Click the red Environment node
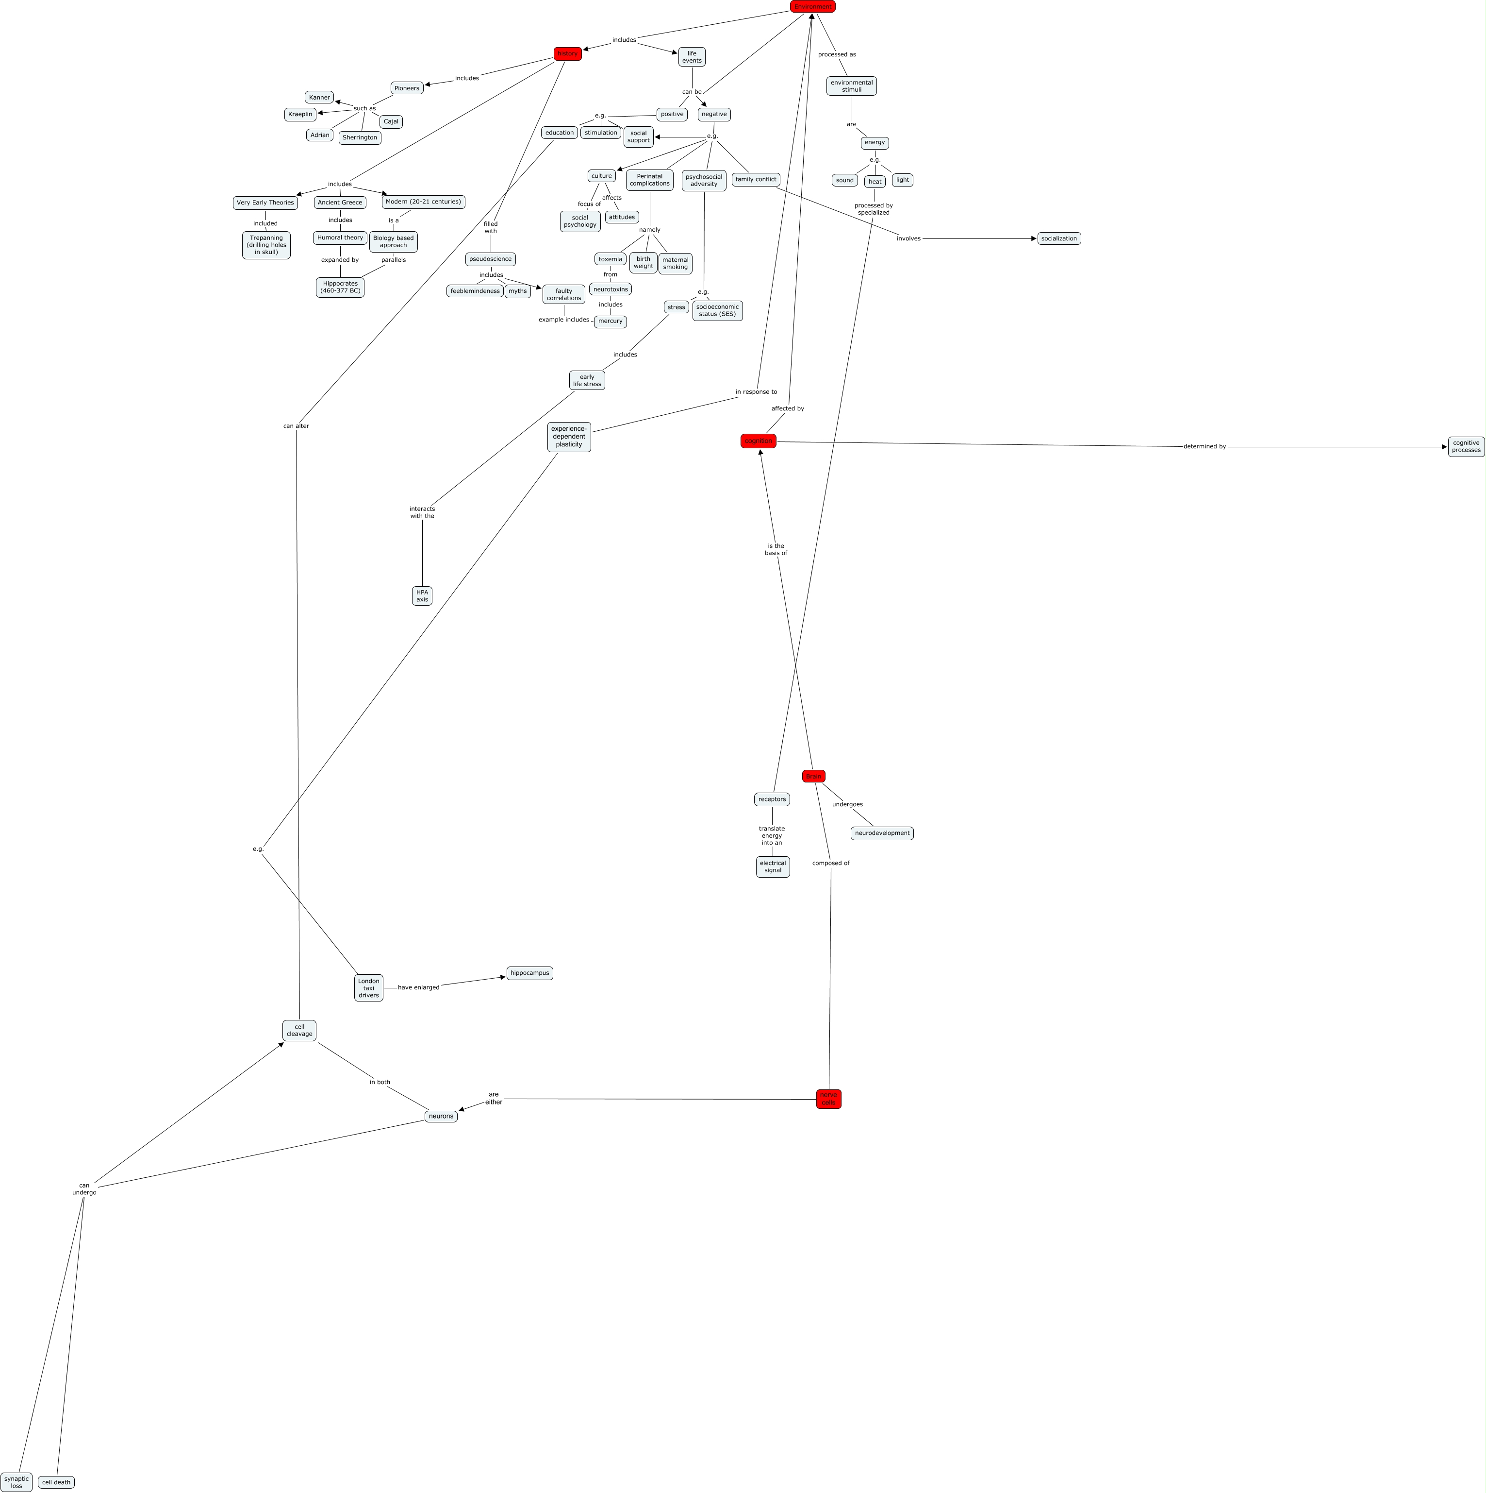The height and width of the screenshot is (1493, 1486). click(x=812, y=7)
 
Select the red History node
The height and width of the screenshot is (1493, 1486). click(x=568, y=54)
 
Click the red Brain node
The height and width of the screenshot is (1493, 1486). click(x=813, y=776)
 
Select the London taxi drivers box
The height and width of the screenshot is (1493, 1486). click(x=368, y=987)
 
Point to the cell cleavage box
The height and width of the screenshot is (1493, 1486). click(x=299, y=1030)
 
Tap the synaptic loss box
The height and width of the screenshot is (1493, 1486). click(x=16, y=1481)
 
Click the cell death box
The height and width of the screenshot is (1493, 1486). click(x=56, y=1482)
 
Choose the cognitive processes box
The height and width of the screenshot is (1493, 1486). click(x=1466, y=447)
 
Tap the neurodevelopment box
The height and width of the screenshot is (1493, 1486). click(x=881, y=833)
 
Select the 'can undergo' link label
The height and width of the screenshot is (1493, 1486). click(x=84, y=1188)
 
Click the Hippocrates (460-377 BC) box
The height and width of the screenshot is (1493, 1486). click(x=340, y=288)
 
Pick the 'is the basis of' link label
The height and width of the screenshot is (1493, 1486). click(x=776, y=549)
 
